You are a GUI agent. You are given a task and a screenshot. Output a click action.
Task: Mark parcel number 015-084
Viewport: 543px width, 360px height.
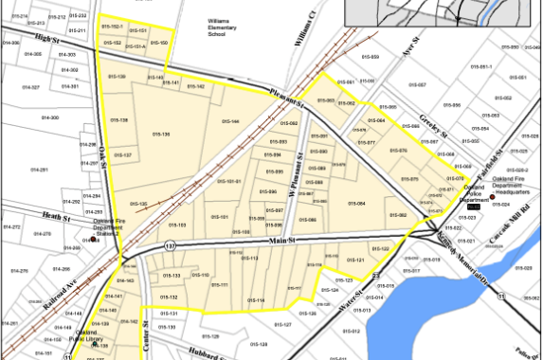point(356,203)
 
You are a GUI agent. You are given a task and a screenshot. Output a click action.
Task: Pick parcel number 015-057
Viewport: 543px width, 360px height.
point(418,84)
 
